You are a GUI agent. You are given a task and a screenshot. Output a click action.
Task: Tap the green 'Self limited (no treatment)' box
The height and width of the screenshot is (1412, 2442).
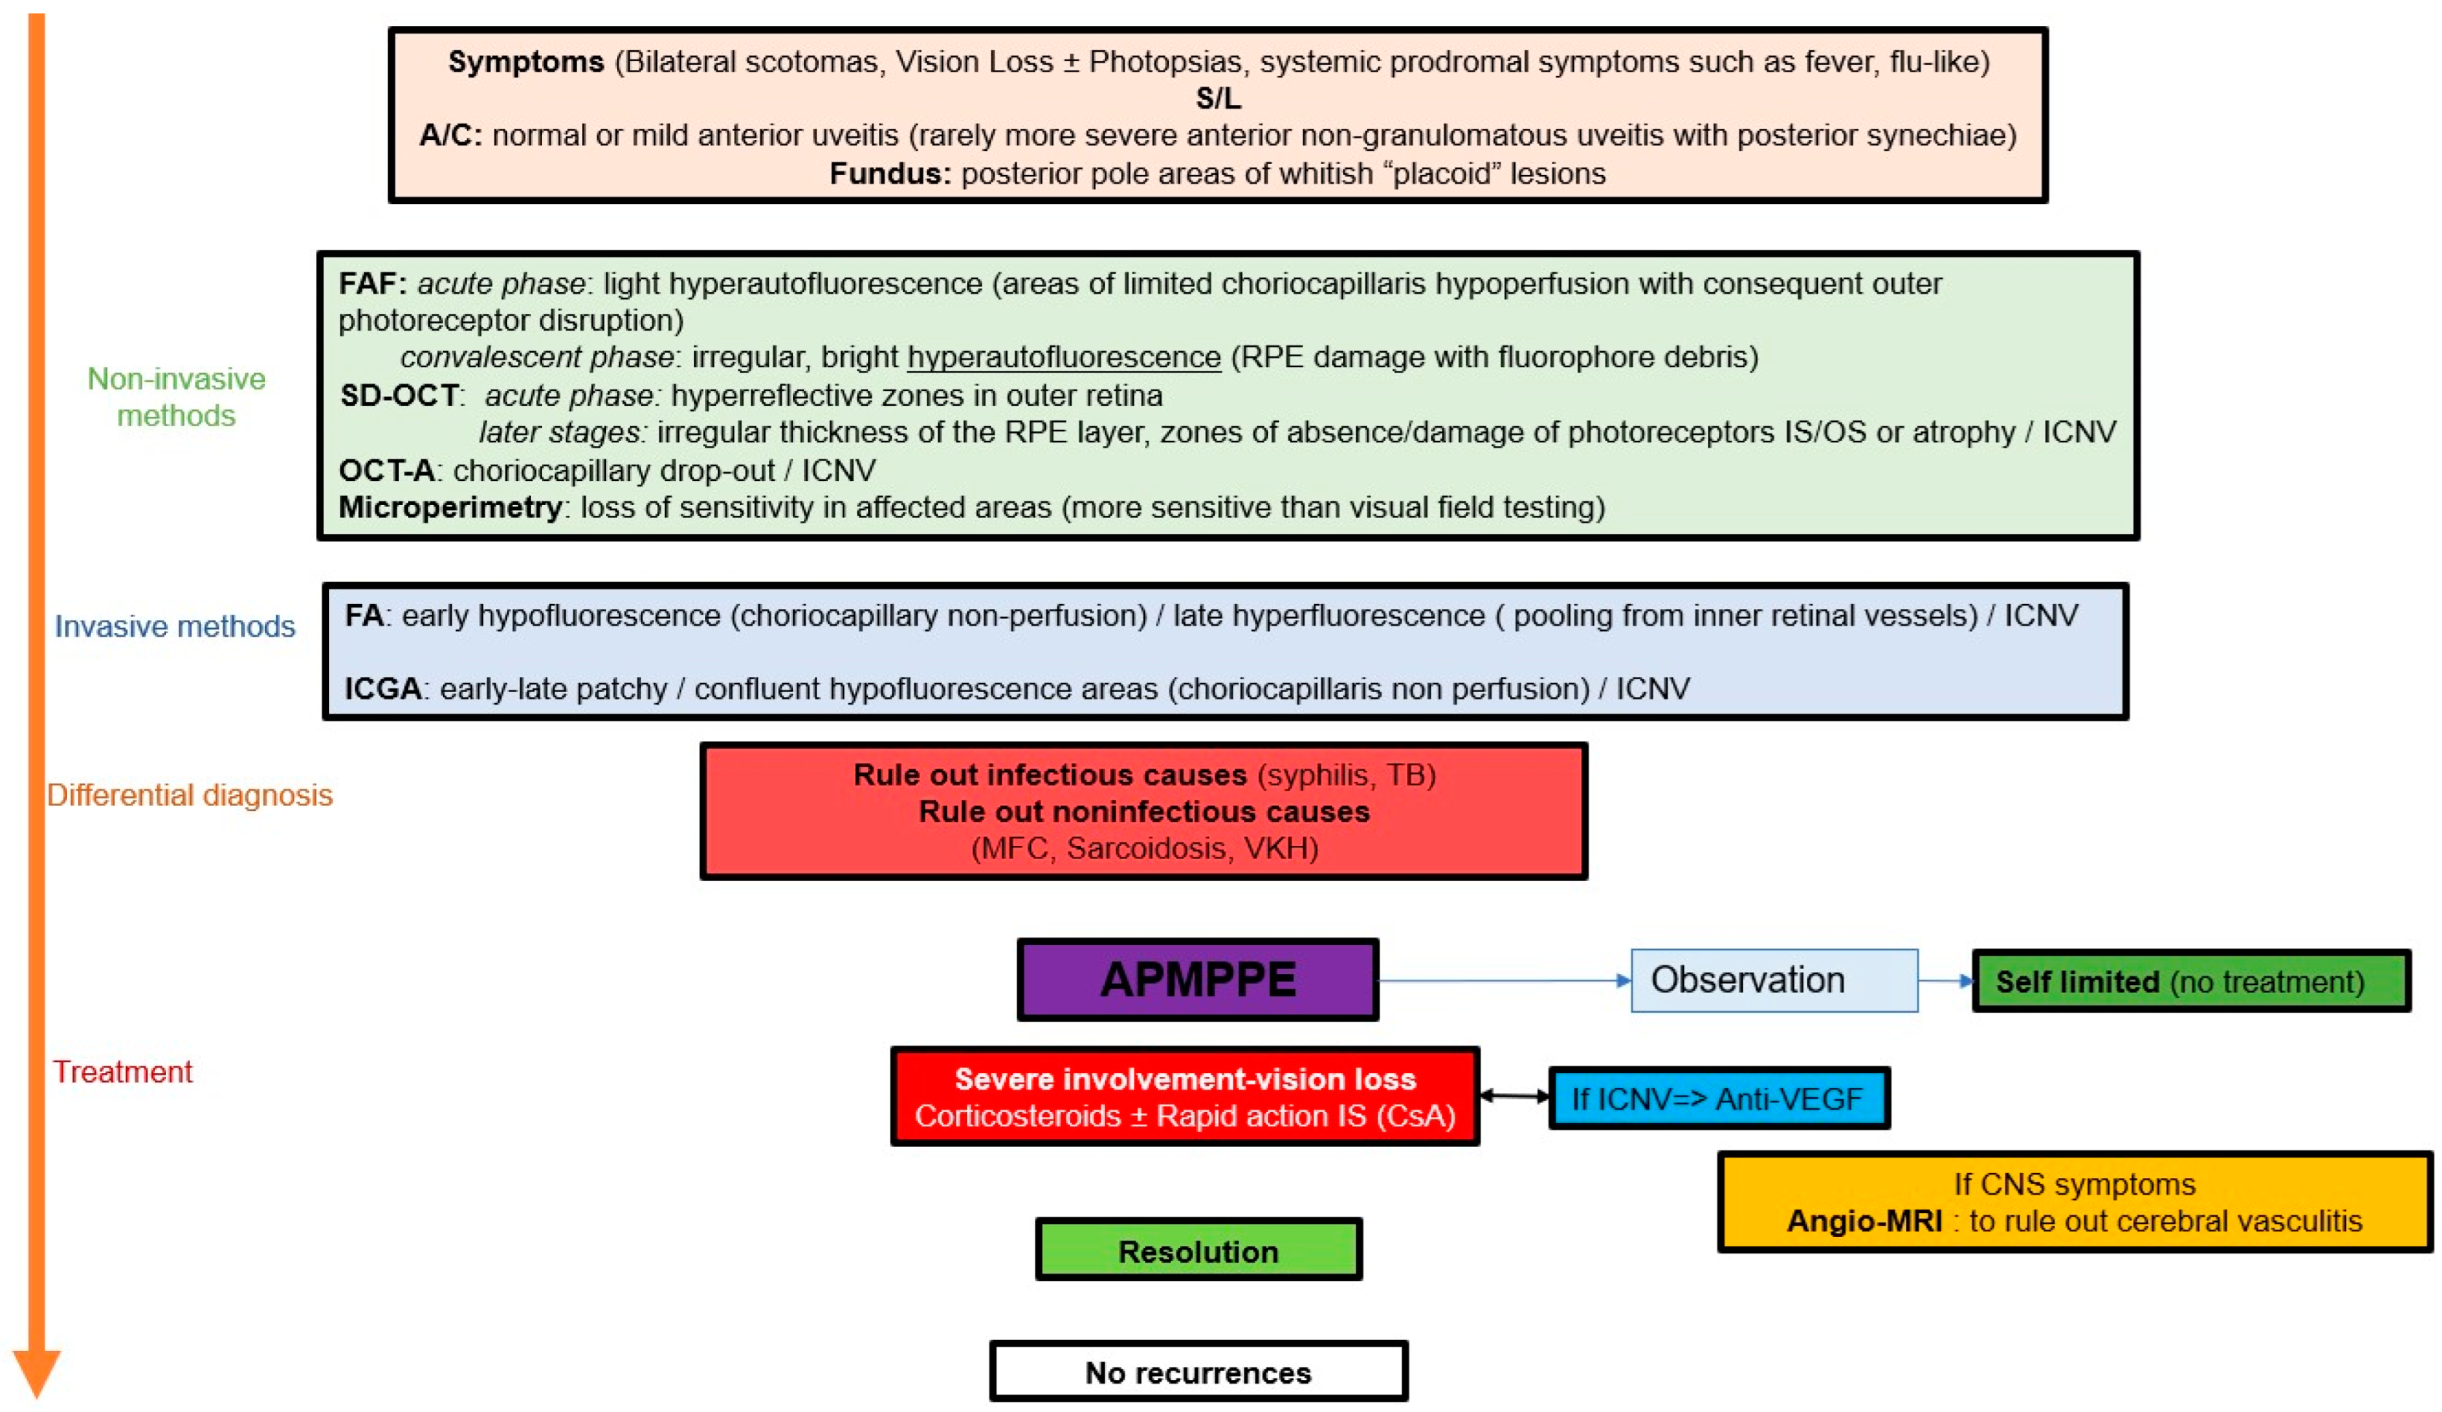point(2190,981)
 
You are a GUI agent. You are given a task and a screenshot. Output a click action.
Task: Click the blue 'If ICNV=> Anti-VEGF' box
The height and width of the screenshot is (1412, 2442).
point(1718,1098)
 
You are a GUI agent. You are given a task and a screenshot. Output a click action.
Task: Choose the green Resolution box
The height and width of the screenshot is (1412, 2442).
point(1198,1250)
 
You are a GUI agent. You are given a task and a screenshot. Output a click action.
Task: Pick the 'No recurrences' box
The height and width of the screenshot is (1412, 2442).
point(1198,1371)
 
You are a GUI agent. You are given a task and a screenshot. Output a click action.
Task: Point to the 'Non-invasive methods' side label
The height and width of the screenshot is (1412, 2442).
point(176,396)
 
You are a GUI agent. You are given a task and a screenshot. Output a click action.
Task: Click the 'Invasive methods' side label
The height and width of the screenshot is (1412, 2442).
point(175,626)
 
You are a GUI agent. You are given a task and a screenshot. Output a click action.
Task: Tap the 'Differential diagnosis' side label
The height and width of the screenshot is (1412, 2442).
point(190,795)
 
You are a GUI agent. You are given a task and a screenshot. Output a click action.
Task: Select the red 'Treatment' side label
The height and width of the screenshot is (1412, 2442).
point(122,1071)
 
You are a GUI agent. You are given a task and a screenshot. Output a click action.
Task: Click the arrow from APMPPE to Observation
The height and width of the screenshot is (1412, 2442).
point(1502,981)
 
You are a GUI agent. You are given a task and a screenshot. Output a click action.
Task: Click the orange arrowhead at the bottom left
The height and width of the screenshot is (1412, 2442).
point(37,1371)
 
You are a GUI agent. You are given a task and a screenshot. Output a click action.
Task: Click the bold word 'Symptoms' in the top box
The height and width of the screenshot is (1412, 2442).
point(526,62)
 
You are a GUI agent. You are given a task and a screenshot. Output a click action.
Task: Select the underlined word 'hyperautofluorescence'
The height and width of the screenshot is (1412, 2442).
point(1063,358)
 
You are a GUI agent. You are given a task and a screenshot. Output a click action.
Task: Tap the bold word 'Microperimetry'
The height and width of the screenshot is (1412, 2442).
point(449,507)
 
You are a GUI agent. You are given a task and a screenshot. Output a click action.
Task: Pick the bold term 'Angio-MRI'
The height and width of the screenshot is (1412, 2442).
point(1864,1221)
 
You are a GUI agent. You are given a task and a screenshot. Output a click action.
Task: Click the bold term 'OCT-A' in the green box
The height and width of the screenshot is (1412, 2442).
point(386,470)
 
